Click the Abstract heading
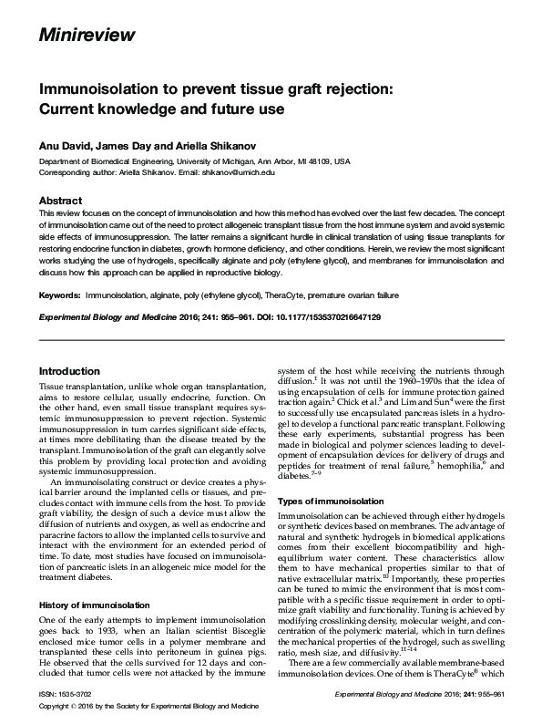[62, 201]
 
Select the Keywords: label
[59, 296]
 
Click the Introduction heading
[69, 371]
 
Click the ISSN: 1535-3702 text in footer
[67, 695]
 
